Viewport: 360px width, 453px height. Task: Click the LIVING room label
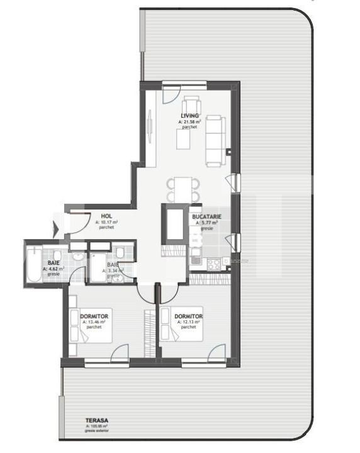(x=189, y=116)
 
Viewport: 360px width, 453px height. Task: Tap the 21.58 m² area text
(x=189, y=121)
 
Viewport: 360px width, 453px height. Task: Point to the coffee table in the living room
(x=183, y=138)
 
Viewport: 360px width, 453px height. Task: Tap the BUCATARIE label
(x=206, y=216)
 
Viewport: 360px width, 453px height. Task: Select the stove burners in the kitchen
(x=213, y=264)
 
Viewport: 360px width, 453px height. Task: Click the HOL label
(x=106, y=216)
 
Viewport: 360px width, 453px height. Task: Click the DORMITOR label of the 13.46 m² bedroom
(x=94, y=316)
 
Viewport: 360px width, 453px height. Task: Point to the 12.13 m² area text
(x=188, y=322)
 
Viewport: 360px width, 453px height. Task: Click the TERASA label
(x=95, y=420)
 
